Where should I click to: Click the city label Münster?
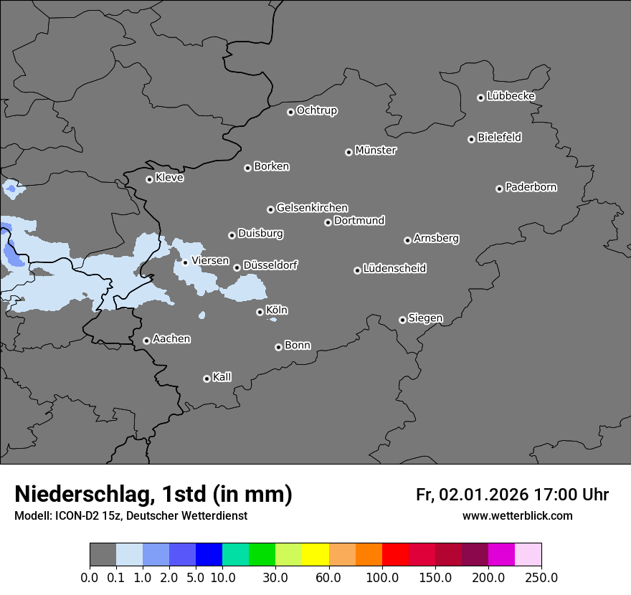click(376, 151)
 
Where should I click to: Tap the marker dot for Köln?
click(260, 312)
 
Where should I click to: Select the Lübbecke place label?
click(511, 96)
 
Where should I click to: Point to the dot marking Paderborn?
click(499, 189)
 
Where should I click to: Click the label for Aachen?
click(171, 339)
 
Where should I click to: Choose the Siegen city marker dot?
click(402, 320)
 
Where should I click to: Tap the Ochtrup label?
click(317, 110)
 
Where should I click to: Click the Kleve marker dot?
click(149, 179)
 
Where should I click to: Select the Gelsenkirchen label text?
click(312, 208)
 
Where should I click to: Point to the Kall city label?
click(222, 377)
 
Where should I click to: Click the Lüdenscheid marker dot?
click(357, 270)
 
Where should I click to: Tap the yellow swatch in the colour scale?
click(315, 555)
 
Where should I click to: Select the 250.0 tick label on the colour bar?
click(541, 577)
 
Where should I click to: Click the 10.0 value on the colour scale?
click(222, 577)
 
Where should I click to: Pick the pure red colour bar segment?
click(395, 555)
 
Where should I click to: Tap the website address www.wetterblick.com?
click(517, 515)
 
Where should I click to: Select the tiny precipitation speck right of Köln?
click(272, 320)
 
